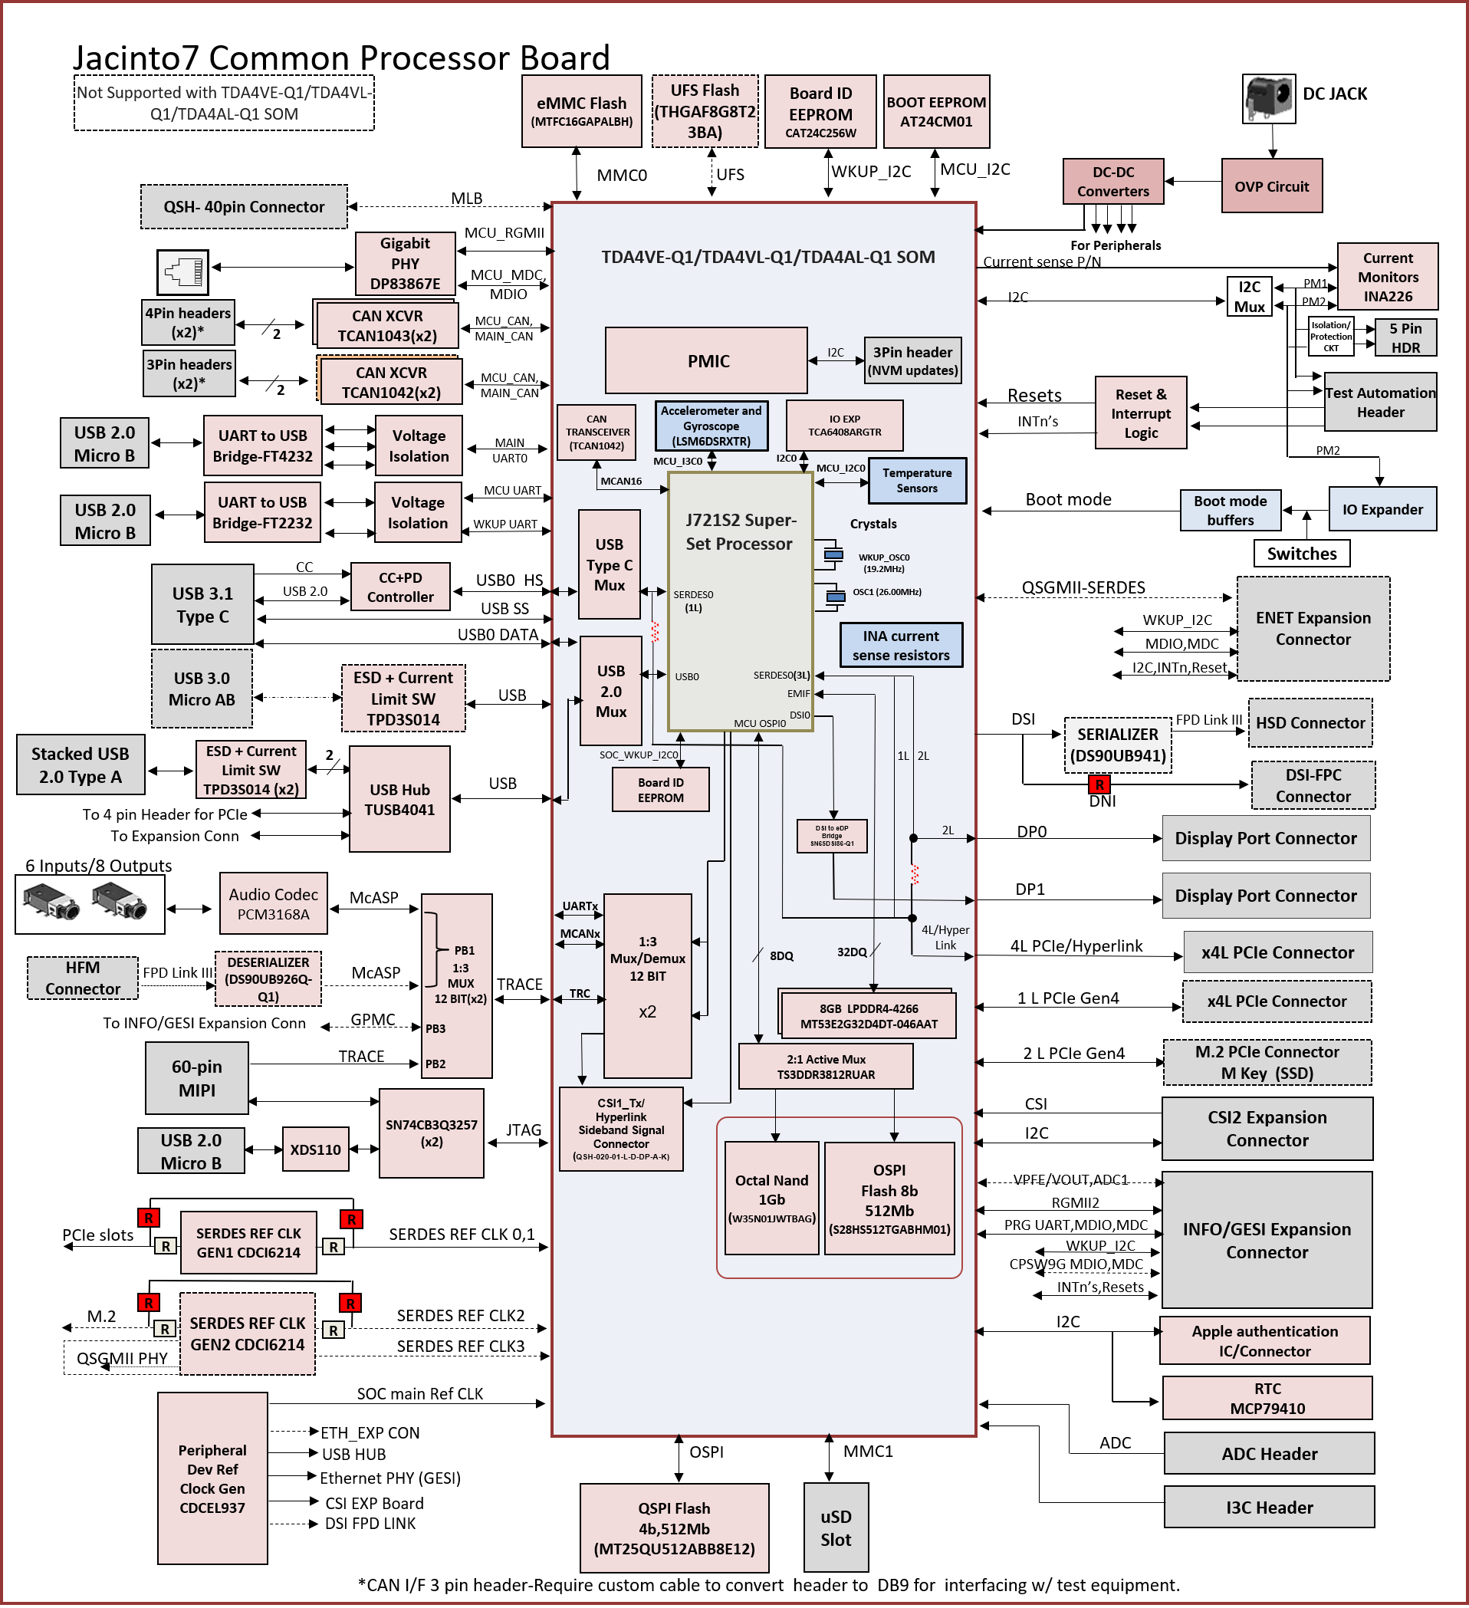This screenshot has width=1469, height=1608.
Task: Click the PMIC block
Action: [706, 360]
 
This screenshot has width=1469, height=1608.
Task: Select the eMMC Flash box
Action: [581, 111]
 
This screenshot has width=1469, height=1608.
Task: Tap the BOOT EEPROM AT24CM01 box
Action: [936, 112]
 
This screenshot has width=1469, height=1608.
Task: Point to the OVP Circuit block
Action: [1271, 186]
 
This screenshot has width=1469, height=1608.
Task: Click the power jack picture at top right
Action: [1268, 99]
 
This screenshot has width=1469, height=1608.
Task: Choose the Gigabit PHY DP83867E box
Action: [405, 263]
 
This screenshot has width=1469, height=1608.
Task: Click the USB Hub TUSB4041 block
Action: [399, 798]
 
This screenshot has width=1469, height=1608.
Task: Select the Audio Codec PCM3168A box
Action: [274, 904]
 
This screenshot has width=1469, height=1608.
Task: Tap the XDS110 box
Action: [316, 1149]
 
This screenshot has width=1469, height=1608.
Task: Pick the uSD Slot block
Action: [836, 1527]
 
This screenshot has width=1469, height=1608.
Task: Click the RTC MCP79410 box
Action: [1267, 1398]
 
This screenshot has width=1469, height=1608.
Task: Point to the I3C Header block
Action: [1269, 1507]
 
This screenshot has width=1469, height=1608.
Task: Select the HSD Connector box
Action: [1310, 722]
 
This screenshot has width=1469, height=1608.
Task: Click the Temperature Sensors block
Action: [917, 480]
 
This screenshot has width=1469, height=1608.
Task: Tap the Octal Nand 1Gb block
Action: [771, 1197]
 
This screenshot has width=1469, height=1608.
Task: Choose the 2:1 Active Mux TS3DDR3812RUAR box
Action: [826, 1067]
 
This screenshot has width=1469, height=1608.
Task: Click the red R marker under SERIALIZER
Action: [1099, 785]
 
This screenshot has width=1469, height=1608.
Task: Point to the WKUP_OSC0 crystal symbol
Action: [833, 554]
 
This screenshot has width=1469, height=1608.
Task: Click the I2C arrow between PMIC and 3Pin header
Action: [836, 360]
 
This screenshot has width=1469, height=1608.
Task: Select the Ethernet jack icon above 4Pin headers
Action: [183, 272]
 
